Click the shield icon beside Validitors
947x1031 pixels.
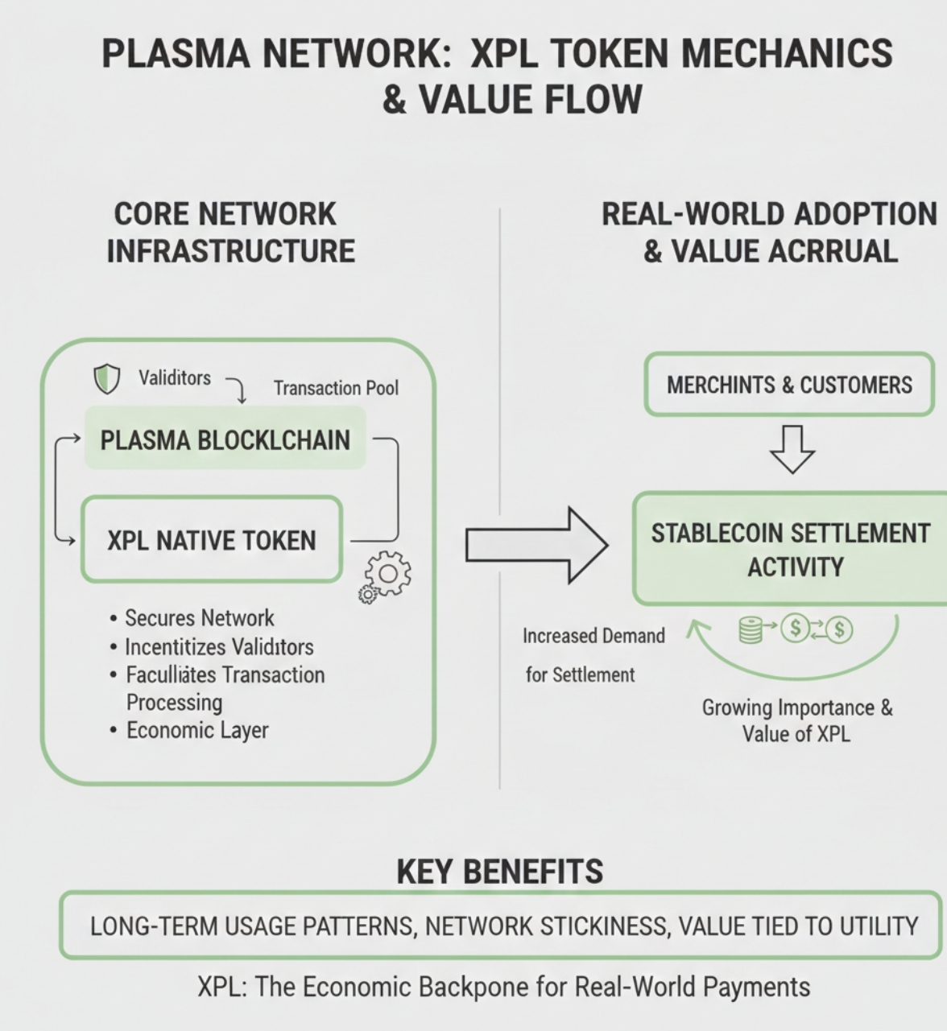(x=106, y=379)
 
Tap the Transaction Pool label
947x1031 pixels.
(x=336, y=388)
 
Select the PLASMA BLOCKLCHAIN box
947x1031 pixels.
(x=225, y=438)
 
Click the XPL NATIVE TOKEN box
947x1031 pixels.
(x=212, y=540)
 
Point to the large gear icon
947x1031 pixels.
(x=388, y=573)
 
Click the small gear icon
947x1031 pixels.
(x=367, y=595)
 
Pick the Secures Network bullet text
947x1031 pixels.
(x=200, y=618)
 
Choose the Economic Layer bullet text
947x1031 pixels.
(x=197, y=730)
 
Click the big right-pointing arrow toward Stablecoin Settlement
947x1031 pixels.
(x=537, y=546)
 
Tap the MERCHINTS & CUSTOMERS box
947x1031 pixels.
(x=790, y=385)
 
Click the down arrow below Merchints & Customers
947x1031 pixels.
(x=792, y=449)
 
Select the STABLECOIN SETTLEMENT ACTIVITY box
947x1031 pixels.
(x=791, y=549)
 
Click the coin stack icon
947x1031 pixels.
(x=750, y=630)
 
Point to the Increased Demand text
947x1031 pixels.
(x=593, y=637)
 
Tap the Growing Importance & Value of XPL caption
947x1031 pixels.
(x=796, y=720)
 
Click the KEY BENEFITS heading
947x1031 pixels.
(x=499, y=872)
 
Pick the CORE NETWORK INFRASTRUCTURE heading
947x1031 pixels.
(x=230, y=233)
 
